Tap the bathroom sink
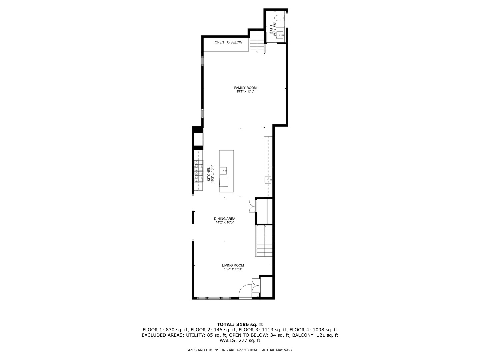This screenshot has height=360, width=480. click(280, 34)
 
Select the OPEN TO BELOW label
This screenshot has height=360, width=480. click(228, 42)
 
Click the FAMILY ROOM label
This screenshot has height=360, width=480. click(245, 88)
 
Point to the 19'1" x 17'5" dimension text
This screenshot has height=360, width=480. click(245, 92)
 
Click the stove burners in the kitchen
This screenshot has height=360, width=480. click(199, 171)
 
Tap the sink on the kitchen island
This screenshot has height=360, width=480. click(224, 171)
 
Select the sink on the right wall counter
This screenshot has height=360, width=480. click(268, 180)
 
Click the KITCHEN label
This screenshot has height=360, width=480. click(209, 174)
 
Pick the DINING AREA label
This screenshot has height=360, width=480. click(225, 219)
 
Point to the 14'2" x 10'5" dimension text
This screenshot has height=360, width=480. click(225, 222)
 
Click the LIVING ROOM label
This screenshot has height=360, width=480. click(233, 265)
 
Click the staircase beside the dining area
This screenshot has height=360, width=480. click(264, 241)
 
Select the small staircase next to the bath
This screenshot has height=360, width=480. click(257, 41)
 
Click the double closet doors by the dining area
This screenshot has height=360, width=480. click(252, 206)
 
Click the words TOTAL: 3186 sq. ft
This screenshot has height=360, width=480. click(240, 324)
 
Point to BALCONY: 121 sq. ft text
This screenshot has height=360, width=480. click(315, 335)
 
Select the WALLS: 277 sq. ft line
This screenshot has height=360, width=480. click(240, 340)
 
